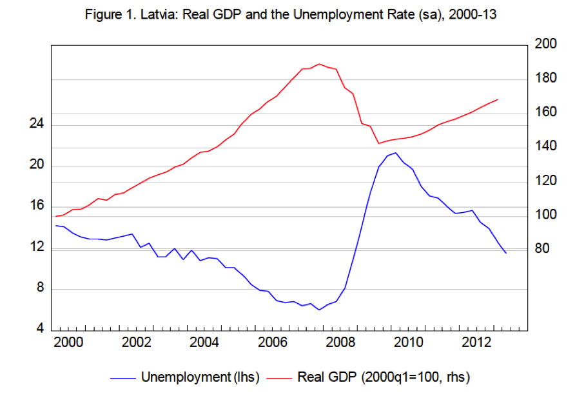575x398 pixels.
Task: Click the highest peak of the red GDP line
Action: [x=318, y=63]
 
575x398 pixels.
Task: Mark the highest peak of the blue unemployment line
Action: [x=395, y=153]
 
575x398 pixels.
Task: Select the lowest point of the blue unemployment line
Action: [x=318, y=310]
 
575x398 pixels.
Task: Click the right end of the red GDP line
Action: [x=498, y=99]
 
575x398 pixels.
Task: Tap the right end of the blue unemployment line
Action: [x=506, y=253]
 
